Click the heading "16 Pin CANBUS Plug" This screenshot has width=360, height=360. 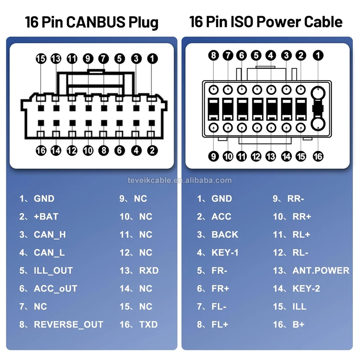(x=92, y=22)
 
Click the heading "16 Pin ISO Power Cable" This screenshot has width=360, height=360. (x=265, y=22)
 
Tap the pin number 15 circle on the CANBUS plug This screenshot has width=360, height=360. (x=41, y=58)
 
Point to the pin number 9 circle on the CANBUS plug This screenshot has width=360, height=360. (x=88, y=58)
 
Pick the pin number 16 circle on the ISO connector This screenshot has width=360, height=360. (x=318, y=156)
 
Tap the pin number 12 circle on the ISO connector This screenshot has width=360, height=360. (x=256, y=156)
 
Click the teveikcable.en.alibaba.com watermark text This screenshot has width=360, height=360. (x=180, y=180)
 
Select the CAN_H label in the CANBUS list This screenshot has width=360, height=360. (x=49, y=234)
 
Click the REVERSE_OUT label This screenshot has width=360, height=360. (x=68, y=324)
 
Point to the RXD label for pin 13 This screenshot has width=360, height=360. (x=149, y=270)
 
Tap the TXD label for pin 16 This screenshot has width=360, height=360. (x=148, y=324)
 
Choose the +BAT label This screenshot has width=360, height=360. (x=46, y=216)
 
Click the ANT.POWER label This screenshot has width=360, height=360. (x=320, y=270)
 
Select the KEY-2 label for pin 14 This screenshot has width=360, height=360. (x=306, y=288)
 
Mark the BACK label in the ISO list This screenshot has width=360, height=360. (x=225, y=234)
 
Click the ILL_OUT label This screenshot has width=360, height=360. (x=53, y=270)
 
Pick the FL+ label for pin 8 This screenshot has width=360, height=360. (x=220, y=324)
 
